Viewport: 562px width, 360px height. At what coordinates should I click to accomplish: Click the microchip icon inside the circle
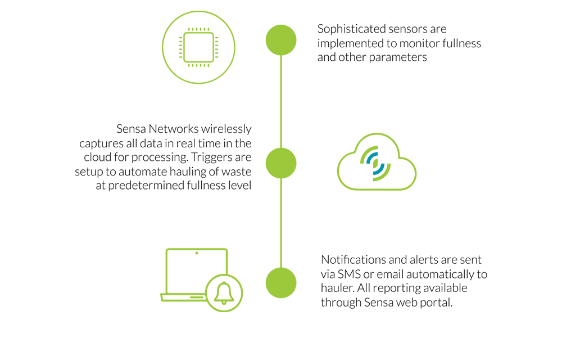click(x=198, y=47)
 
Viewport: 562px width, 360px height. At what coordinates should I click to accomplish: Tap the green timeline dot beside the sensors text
click(x=281, y=40)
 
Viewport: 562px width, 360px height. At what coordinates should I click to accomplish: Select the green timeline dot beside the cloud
click(x=281, y=163)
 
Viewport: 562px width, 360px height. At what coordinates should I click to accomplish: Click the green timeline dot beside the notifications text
click(x=281, y=283)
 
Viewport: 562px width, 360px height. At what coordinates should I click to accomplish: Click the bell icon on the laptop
click(x=224, y=293)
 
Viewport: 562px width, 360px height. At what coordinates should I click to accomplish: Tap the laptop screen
click(x=197, y=271)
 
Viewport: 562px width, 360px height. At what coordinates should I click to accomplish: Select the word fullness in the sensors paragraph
click(x=461, y=43)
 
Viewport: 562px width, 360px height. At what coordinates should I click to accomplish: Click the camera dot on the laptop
click(x=197, y=253)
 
